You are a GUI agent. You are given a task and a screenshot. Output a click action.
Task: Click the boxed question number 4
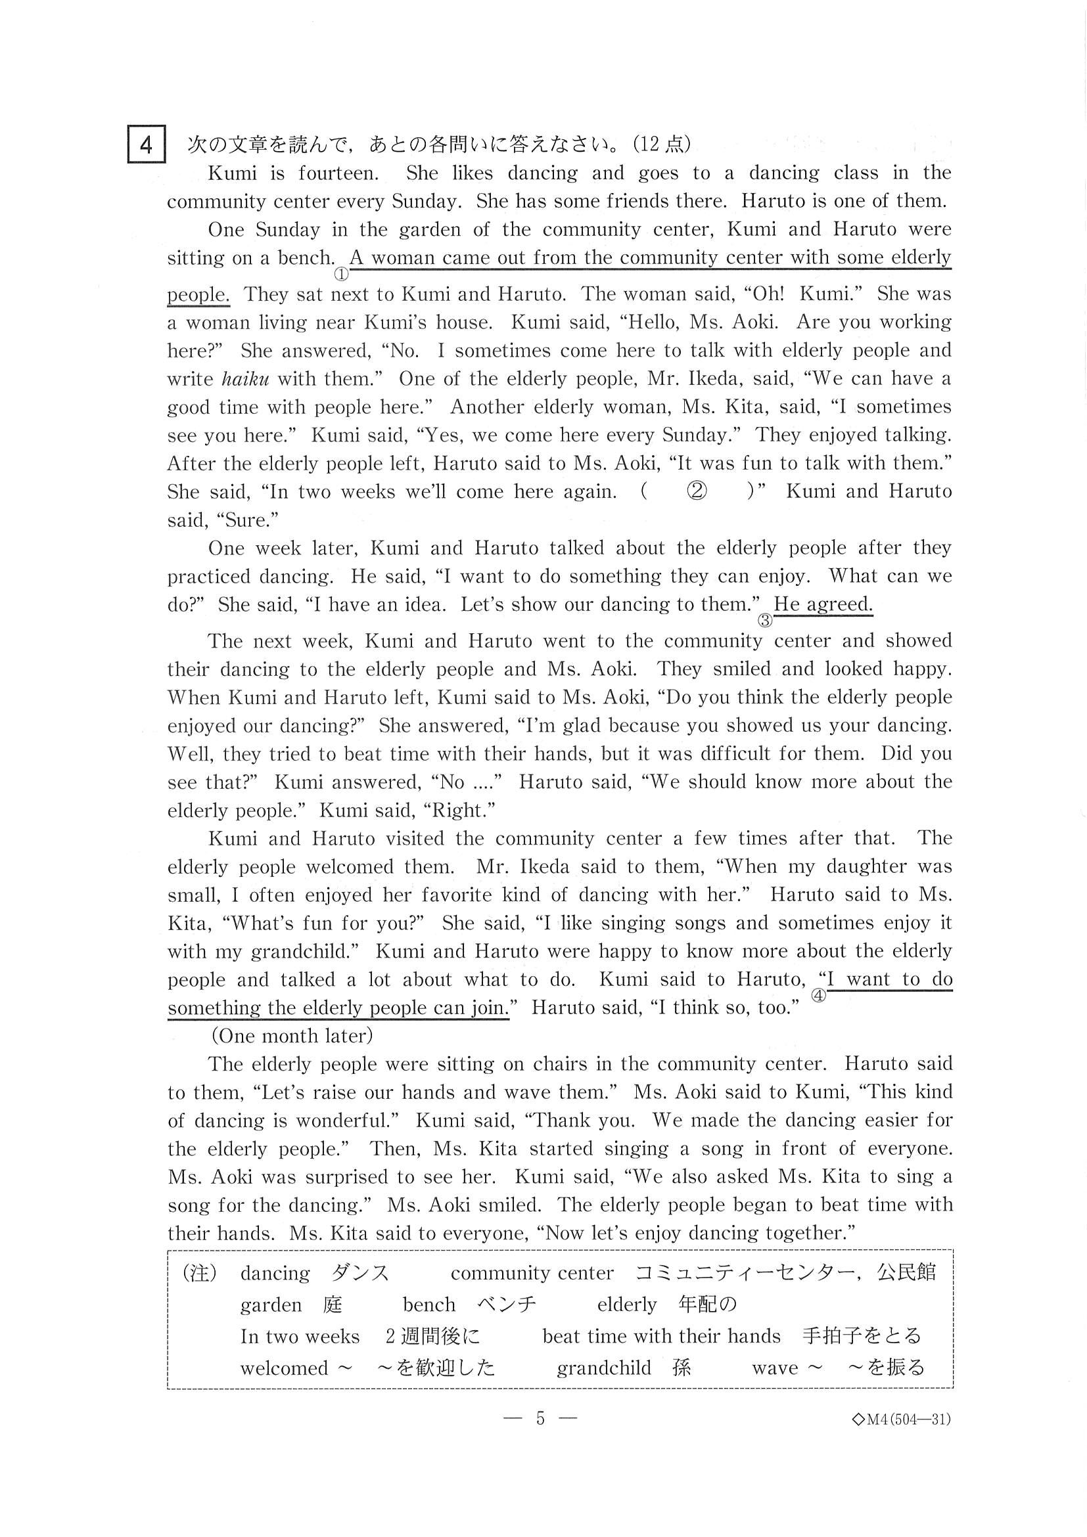click(x=146, y=145)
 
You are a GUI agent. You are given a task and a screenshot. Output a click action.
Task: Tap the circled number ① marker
click(x=342, y=274)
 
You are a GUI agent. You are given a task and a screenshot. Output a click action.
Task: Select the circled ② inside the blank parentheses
click(x=697, y=492)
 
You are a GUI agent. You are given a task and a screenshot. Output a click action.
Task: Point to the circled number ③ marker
click(x=764, y=621)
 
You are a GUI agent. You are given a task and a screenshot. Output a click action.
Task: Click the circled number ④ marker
click(x=818, y=995)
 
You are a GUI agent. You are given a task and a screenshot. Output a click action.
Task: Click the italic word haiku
click(x=245, y=380)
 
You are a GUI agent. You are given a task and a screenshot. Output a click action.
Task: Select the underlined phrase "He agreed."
click(x=823, y=604)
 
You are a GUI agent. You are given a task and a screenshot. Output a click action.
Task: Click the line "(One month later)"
click(x=292, y=1036)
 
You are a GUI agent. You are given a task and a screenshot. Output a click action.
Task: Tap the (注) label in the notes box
click(x=200, y=1272)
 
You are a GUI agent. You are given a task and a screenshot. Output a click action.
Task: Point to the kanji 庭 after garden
click(x=332, y=1304)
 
